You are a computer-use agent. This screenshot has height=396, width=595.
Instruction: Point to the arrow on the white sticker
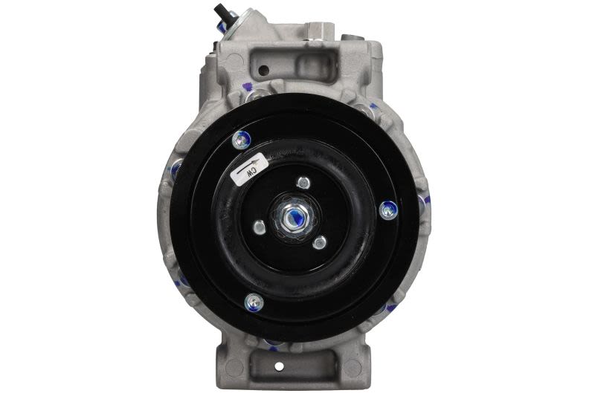tap(248, 166)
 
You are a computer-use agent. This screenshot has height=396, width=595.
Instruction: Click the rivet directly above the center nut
tap(303, 182)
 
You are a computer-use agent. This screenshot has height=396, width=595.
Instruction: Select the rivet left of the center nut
tap(259, 227)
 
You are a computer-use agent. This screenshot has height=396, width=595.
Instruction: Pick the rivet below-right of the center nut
tap(320, 241)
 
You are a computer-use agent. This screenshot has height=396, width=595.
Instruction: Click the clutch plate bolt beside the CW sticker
tap(241, 140)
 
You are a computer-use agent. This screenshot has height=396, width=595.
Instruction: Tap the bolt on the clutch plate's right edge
tap(388, 210)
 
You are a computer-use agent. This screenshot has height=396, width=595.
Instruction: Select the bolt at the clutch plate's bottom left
tap(254, 302)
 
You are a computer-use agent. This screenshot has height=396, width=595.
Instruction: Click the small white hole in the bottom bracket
tap(279, 366)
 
